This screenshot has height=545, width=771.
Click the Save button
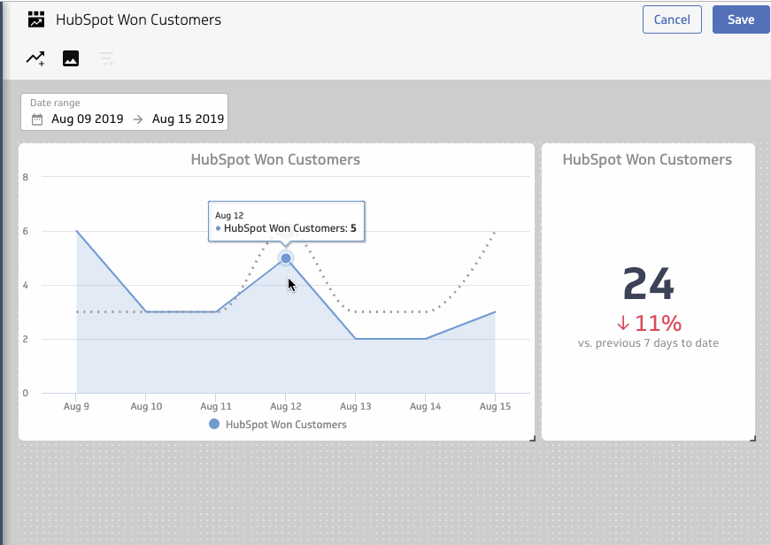[741, 19]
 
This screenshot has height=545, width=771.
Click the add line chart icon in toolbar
[35, 59]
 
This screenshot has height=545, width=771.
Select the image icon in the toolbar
[71, 59]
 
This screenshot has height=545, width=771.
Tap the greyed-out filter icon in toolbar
[106, 59]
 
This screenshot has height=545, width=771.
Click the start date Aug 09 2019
[88, 119]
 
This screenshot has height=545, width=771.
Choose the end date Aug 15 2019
[188, 119]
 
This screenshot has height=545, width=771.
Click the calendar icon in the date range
[37, 119]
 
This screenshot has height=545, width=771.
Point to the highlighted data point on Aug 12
[286, 258]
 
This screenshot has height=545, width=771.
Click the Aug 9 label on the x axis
[76, 406]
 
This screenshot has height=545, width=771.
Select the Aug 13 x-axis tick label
[355, 406]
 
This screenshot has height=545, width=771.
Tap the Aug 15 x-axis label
[494, 406]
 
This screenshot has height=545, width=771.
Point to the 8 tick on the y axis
[26, 177]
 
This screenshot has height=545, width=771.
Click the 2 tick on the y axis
[26, 339]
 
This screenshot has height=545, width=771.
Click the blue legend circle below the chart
[214, 425]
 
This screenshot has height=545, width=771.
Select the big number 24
[648, 284]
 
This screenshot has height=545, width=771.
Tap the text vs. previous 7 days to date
[648, 343]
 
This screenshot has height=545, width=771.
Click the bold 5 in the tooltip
[353, 228]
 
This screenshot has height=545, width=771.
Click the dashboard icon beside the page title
[36, 19]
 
